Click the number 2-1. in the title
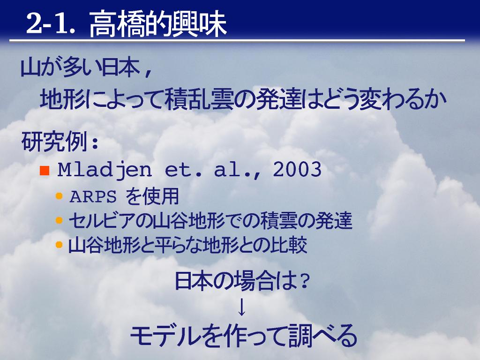pyautogui.click(x=51, y=23)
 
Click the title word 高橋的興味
pyautogui.click(x=158, y=24)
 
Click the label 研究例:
pyautogui.click(x=60, y=141)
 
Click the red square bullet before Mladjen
pyautogui.click(x=45, y=170)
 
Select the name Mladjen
pyautogui.click(x=105, y=169)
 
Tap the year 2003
pyautogui.click(x=297, y=169)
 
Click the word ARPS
pyautogui.click(x=93, y=196)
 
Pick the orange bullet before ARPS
pyautogui.click(x=59, y=196)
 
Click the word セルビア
pyautogui.click(x=103, y=221)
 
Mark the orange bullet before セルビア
pyautogui.click(x=59, y=220)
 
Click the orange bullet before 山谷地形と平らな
pyautogui.click(x=59, y=245)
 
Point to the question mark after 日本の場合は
pyautogui.click(x=304, y=282)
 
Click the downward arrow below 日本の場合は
pyautogui.click(x=241, y=307)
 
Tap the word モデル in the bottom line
pyautogui.click(x=165, y=336)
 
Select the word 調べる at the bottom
pyautogui.click(x=322, y=336)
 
